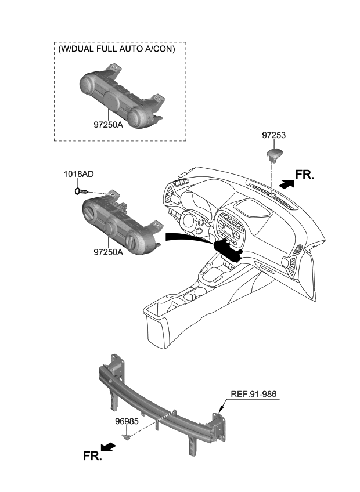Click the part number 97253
[x=273, y=135]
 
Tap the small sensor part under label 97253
[x=273, y=153]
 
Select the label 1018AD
[x=79, y=174]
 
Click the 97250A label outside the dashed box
[x=107, y=252]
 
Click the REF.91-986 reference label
[x=254, y=395]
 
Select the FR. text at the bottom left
[x=92, y=456]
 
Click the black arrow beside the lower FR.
[x=108, y=447]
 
